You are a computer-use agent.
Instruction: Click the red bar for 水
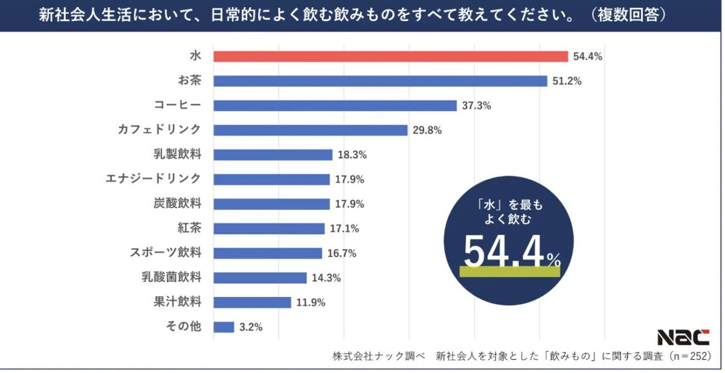[390, 56]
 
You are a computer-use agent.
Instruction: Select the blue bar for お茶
[380, 81]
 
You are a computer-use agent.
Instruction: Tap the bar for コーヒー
[335, 106]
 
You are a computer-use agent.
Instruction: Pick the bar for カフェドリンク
[311, 130]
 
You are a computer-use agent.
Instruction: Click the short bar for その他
[224, 327]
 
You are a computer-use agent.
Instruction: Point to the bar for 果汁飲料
[252, 302]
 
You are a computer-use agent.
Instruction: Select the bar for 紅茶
[269, 228]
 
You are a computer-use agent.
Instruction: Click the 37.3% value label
[476, 106]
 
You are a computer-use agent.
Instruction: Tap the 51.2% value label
[567, 81]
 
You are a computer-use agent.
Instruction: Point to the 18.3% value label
[352, 155]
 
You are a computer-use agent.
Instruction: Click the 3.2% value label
[251, 327]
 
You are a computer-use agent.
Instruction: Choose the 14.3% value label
[327, 278]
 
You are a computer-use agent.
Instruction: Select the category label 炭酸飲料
[177, 203]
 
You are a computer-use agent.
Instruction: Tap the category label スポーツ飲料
[165, 253]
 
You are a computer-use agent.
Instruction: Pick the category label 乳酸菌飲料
[171, 278]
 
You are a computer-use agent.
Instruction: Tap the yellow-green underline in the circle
[510, 272]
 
